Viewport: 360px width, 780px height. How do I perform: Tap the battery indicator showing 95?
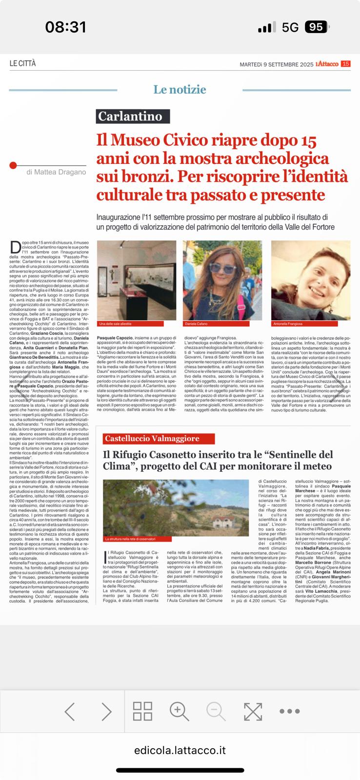[x=316, y=27]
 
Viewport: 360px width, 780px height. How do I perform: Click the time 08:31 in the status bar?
[x=66, y=27]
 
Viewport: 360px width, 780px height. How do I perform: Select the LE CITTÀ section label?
[x=22, y=64]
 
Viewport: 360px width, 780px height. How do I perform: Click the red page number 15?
[x=345, y=64]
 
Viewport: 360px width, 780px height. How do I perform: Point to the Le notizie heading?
[x=180, y=90]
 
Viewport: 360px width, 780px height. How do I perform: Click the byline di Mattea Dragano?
[x=56, y=172]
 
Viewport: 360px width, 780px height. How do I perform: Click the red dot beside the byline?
[x=13, y=166]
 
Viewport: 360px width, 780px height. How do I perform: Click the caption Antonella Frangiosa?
[x=288, y=324]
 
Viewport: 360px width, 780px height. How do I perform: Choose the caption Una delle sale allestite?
[x=115, y=324]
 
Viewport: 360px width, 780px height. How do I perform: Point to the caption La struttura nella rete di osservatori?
[x=130, y=539]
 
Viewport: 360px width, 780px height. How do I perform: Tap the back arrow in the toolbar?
[x=70, y=712]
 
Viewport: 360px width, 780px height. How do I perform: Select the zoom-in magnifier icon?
[x=179, y=712]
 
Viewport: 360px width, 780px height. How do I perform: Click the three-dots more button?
[x=289, y=712]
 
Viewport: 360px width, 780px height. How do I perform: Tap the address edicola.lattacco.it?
[x=180, y=751]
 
